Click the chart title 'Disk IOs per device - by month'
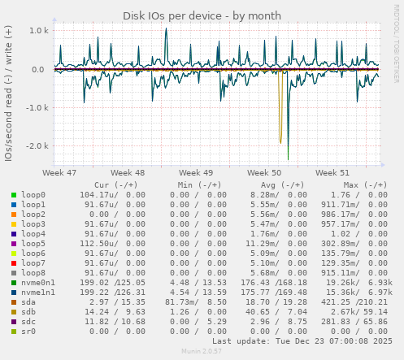pyautogui.click(x=202, y=15)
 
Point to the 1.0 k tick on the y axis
pyautogui.click(x=39, y=31)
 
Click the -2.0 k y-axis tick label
pyautogui.click(x=37, y=146)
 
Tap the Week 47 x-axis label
pyautogui.click(x=59, y=173)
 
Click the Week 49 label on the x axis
pyautogui.click(x=196, y=173)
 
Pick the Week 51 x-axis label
pyautogui.click(x=332, y=173)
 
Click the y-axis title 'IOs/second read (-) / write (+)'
pyautogui.click(x=9, y=93)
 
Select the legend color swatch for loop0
pyautogui.click(x=14, y=196)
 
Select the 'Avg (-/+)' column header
pyautogui.click(x=281, y=184)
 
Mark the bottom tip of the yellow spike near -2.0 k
pyautogui.click(x=280, y=143)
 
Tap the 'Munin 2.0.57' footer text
pyautogui.click(x=202, y=353)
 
